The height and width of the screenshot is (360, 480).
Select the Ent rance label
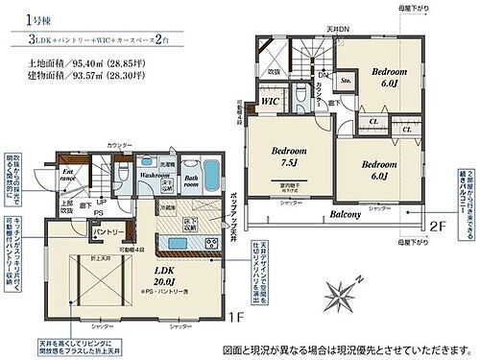coord(67,177)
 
